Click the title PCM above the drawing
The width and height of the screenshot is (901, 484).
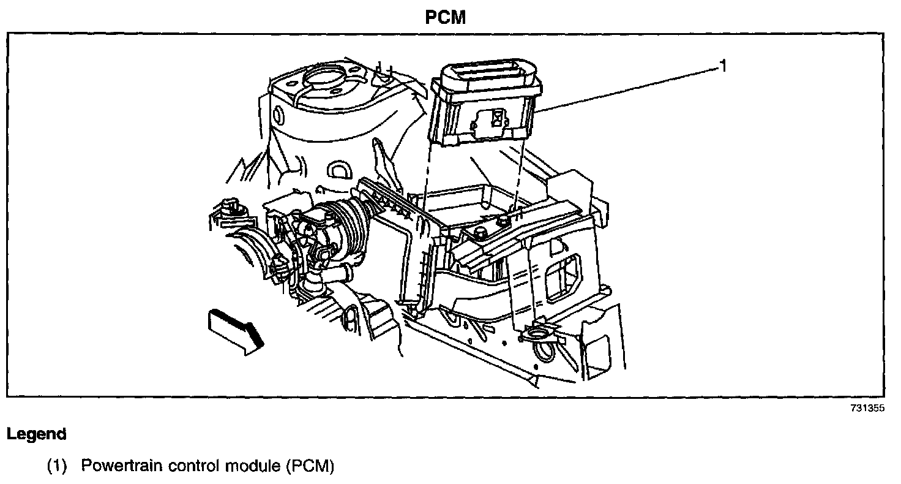coord(446,18)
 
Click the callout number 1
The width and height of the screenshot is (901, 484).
coord(723,66)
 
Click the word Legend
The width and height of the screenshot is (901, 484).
coord(36,434)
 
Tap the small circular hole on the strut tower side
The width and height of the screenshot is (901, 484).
coord(279,115)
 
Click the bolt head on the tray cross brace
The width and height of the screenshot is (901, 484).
coord(479,232)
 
